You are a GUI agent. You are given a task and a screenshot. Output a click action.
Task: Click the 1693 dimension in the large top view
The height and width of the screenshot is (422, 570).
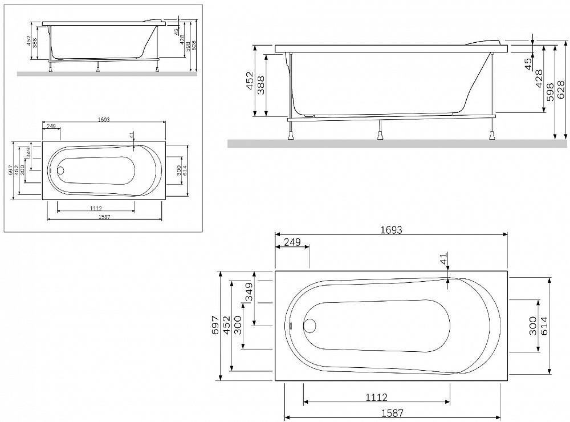391,230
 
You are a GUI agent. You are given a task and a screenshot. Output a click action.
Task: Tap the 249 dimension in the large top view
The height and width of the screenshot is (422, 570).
292,242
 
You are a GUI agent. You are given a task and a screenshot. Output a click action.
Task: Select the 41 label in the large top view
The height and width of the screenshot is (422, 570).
443,259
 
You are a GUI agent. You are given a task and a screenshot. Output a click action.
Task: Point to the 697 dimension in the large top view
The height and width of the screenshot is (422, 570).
215,325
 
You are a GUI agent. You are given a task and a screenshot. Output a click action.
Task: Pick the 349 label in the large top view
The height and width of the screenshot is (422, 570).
249,292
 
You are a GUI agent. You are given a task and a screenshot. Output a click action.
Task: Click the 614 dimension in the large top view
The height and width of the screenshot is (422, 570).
544,326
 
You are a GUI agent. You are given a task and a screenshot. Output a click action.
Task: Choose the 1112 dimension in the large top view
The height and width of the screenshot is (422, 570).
376,397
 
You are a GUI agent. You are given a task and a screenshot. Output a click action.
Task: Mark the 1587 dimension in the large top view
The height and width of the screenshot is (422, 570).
392,413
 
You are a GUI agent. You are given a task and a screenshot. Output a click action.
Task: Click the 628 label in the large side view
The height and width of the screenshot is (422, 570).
561,90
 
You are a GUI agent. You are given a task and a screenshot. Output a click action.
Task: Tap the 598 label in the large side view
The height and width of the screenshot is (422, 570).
549,92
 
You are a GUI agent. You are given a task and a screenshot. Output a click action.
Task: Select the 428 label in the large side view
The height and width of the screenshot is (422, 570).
539,79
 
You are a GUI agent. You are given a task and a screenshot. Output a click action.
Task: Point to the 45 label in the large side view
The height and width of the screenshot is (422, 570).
528,64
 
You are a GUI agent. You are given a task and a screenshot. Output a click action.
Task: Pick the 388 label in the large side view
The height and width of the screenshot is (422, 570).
260,85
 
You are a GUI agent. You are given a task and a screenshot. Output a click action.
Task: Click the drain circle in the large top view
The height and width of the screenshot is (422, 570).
310,325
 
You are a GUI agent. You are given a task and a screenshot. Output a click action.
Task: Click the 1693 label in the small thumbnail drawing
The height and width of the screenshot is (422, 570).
104,119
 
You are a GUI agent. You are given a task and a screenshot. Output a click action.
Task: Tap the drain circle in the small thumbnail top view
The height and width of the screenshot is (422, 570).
61,171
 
